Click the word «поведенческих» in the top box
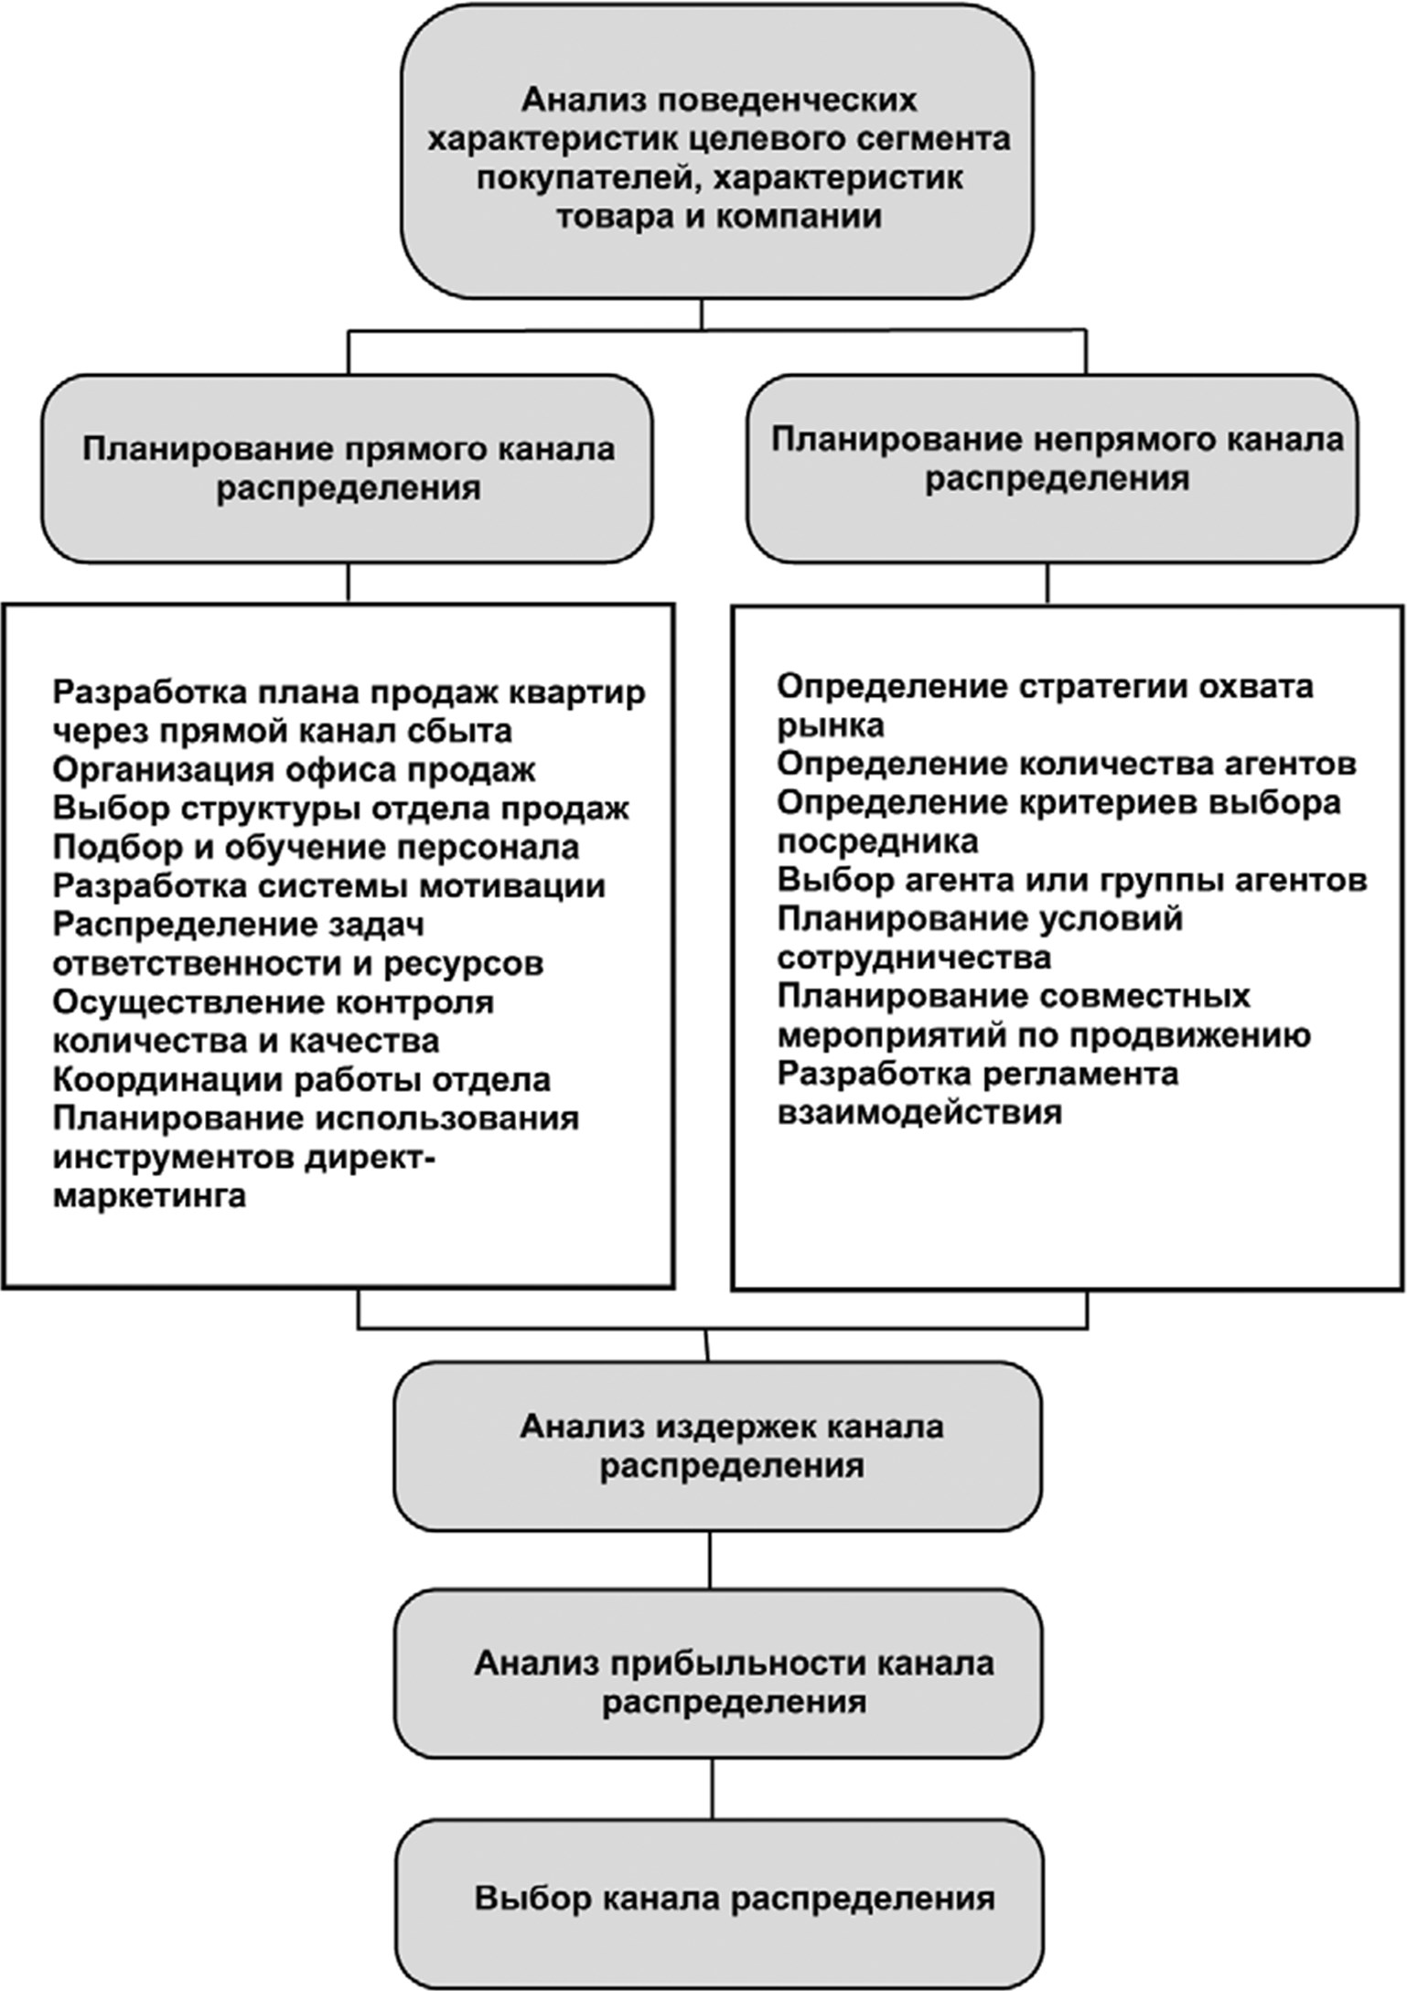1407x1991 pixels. (770, 100)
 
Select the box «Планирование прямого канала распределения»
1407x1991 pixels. (348, 468)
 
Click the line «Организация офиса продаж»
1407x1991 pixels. (294, 770)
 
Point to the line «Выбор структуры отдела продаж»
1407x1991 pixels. (340, 809)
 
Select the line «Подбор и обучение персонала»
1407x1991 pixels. (316, 848)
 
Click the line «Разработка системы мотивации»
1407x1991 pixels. (328, 886)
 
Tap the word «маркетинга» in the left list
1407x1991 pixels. (149, 1196)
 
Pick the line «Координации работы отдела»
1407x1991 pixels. (302, 1080)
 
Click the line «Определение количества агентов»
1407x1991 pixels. (1067, 763)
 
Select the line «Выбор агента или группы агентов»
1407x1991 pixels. (1072, 880)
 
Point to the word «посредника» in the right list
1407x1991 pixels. (877, 840)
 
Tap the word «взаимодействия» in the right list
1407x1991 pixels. (919, 1113)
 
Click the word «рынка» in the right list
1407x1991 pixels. (831, 725)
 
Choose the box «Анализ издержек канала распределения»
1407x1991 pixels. (718, 1446)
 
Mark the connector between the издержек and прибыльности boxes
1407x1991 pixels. (711, 1561)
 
